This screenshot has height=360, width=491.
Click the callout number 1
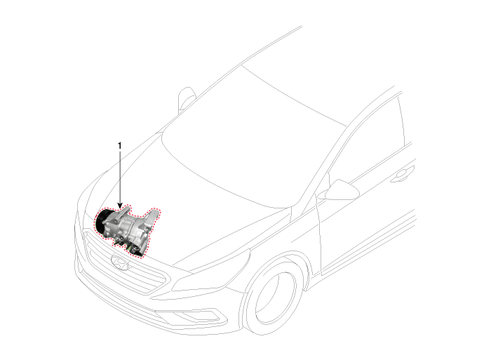[x=119, y=146]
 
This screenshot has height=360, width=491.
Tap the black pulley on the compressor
[x=101, y=221]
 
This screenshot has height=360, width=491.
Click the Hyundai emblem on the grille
[x=120, y=263]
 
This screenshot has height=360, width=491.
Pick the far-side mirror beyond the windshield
[x=187, y=100]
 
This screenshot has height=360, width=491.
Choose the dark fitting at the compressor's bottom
[x=135, y=251]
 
